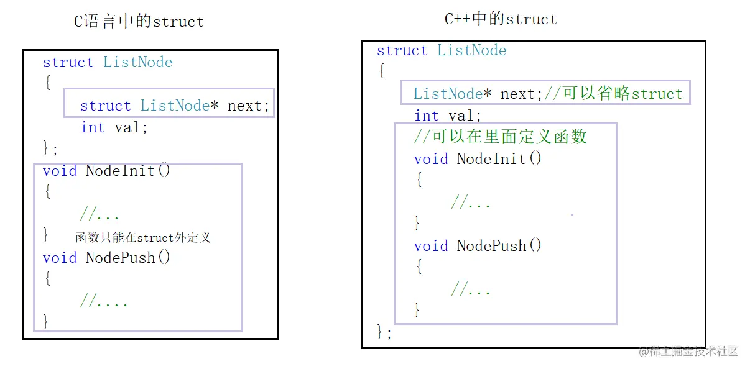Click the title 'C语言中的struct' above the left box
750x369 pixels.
pyautogui.click(x=139, y=22)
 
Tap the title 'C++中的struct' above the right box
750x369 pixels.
pyautogui.click(x=501, y=19)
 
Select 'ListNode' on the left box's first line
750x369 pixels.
pyautogui.click(x=137, y=62)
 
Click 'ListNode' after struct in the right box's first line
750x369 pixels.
pyautogui.click(x=471, y=50)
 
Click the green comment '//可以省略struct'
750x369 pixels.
pyautogui.click(x=613, y=94)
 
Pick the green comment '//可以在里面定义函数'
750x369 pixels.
pyautogui.click(x=500, y=137)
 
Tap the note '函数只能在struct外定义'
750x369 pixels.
pyautogui.click(x=143, y=237)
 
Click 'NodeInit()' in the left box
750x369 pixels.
pyautogui.click(x=127, y=170)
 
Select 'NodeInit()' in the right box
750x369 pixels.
pyautogui.click(x=499, y=158)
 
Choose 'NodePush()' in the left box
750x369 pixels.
pyautogui.click(x=127, y=257)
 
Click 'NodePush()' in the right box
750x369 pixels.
pyautogui.click(x=499, y=245)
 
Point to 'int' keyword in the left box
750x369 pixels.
pyautogui.click(x=93, y=127)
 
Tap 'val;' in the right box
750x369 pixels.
pyautogui.click(x=465, y=116)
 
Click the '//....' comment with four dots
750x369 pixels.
pyautogui.click(x=104, y=303)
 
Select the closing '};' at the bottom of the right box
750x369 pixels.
pyautogui.click(x=384, y=332)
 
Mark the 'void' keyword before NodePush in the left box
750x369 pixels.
pyautogui.click(x=60, y=257)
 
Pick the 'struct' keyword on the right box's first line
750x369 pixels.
pyautogui.click(x=402, y=50)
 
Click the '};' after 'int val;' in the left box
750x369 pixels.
pyautogui.click(x=50, y=148)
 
